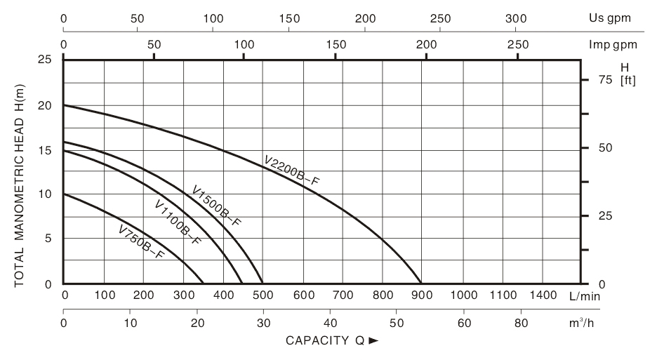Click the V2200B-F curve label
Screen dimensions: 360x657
[x=291, y=171]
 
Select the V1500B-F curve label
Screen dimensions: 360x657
[x=216, y=206]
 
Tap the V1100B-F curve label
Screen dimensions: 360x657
[x=178, y=222]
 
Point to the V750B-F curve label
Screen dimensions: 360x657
[x=141, y=241]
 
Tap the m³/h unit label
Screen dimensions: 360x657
[x=587, y=323]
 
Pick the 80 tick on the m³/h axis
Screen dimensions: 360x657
[x=521, y=323]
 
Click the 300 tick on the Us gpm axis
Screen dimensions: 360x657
[x=516, y=18]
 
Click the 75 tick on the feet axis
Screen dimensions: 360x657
[x=596, y=80]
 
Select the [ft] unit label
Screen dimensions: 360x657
[x=628, y=80]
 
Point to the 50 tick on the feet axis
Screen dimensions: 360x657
[x=596, y=148]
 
